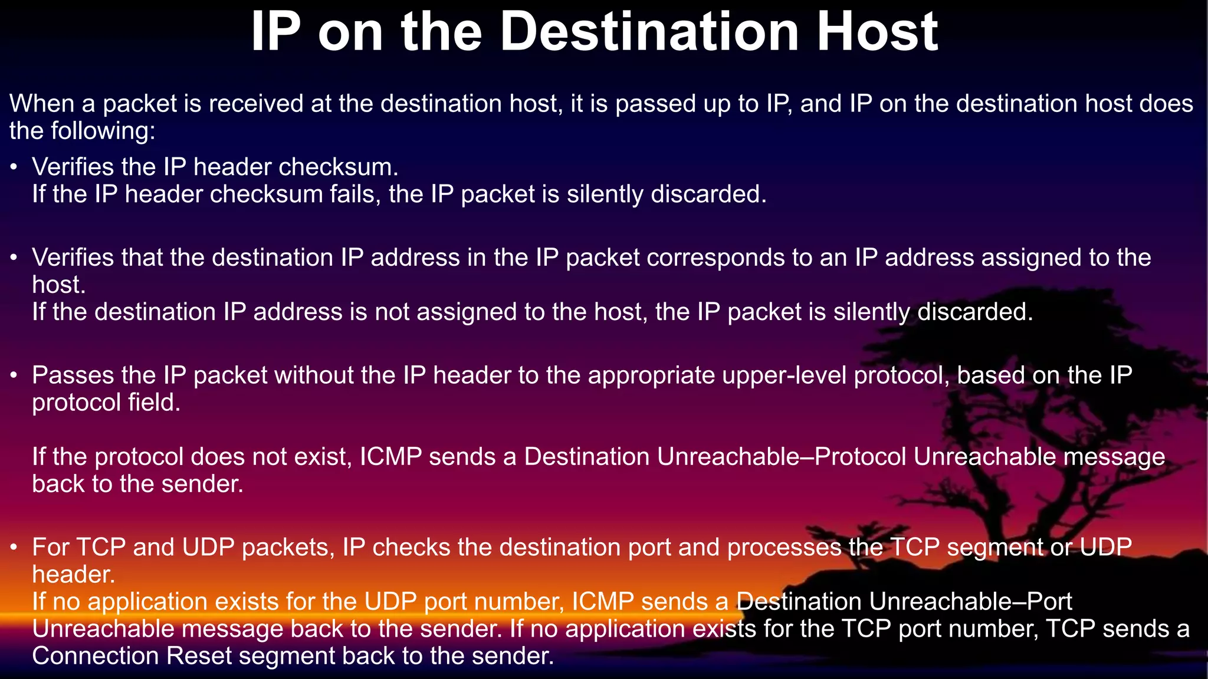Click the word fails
[x=353, y=194]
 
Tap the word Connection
[x=95, y=656]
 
